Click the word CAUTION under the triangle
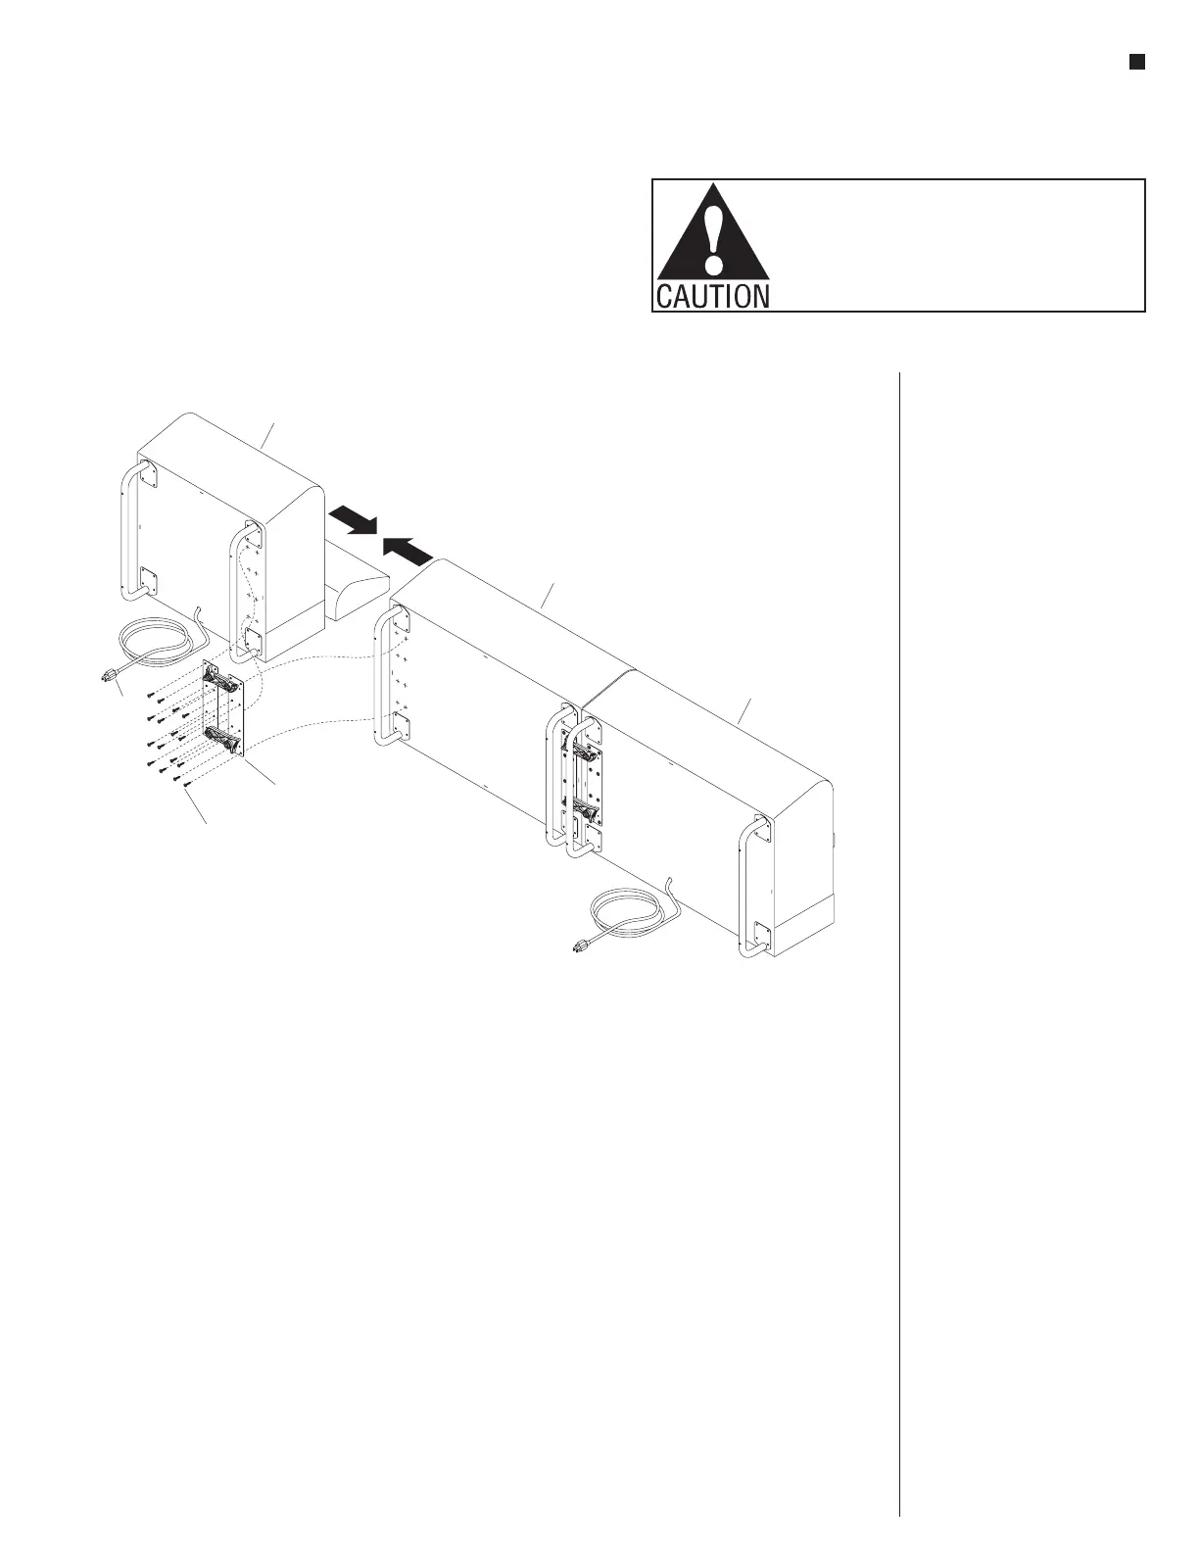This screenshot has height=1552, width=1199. pos(712,296)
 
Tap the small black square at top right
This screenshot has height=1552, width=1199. pos(1136,63)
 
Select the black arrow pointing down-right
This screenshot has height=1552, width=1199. pos(354,519)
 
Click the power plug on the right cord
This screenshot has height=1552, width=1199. pos(581,946)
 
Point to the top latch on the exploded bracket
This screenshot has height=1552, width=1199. pos(220,680)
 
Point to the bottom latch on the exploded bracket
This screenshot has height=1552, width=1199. pos(224,742)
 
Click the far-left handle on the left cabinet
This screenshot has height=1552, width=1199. pos(129,534)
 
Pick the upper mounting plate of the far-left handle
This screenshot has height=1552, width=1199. pos(148,476)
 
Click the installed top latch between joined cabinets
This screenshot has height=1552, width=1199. pos(586,753)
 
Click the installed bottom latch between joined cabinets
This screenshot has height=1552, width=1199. pos(586,810)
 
